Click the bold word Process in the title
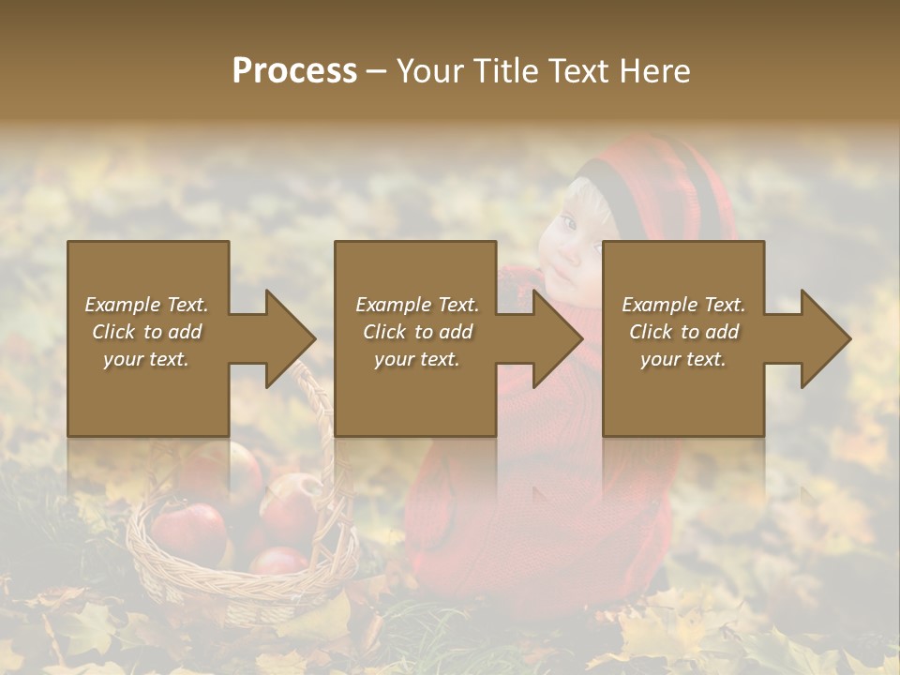tap(294, 71)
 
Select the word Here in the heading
tap(657, 71)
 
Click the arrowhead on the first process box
tap(289, 338)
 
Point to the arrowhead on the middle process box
tap(557, 338)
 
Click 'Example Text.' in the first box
tap(146, 305)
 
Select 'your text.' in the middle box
tap(416, 359)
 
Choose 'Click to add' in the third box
tap(684, 332)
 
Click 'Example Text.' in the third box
tap(683, 305)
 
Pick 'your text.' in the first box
tap(146, 359)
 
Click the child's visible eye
tap(568, 223)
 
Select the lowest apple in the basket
tap(278, 562)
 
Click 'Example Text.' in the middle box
tap(416, 305)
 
